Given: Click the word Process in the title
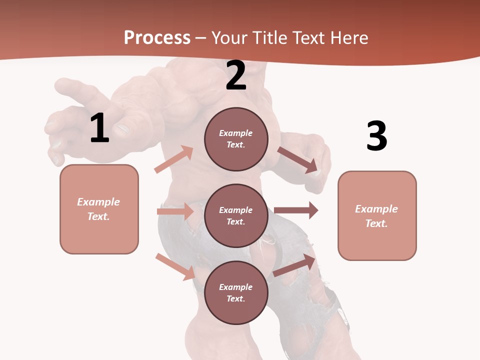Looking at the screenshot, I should (x=157, y=37).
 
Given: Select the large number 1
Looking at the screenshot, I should (x=99, y=128).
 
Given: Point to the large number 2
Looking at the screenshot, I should (x=236, y=75).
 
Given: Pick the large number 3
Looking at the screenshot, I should (x=376, y=136).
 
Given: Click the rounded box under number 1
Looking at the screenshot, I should (x=99, y=209).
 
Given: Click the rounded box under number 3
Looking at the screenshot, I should (x=377, y=216).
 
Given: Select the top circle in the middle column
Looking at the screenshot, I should (x=236, y=139).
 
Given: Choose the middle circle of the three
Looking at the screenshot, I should (x=236, y=216).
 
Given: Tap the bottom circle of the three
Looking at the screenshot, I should (x=236, y=293).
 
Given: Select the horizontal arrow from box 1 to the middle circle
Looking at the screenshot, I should (x=175, y=211).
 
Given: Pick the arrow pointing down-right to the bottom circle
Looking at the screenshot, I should (x=175, y=266).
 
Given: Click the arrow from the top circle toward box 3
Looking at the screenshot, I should (x=298, y=160).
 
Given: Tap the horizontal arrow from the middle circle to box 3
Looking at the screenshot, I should (x=296, y=210).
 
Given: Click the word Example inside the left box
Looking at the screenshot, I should (x=98, y=202).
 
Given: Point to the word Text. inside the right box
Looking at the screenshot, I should (x=376, y=223).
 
